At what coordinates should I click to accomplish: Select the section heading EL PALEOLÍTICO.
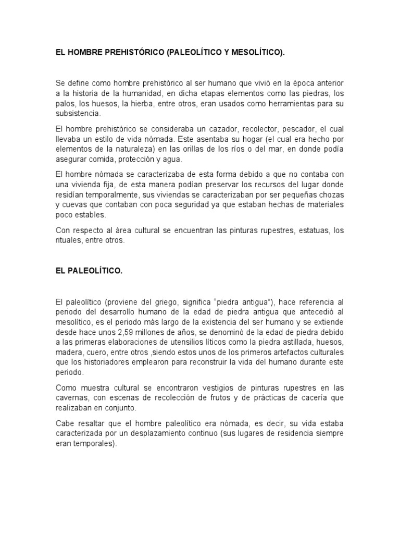(89, 271)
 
